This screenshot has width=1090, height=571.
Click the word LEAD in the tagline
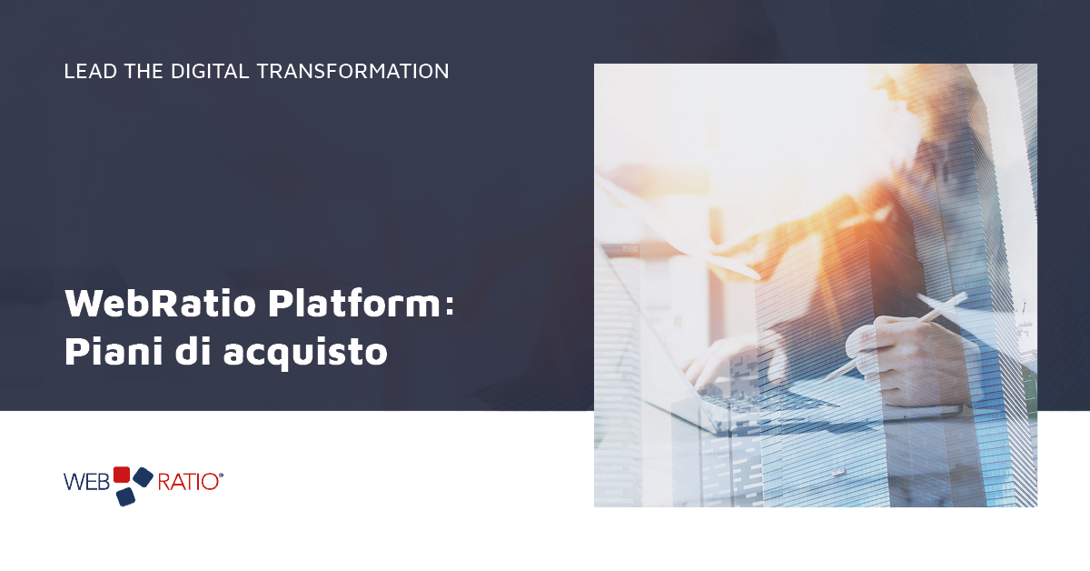[x=91, y=71]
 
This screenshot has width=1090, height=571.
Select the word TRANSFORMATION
[x=352, y=71]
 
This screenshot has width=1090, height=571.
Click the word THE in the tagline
[x=144, y=71]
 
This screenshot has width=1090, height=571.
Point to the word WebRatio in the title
[x=161, y=303]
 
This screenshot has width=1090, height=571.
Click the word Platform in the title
[x=355, y=303]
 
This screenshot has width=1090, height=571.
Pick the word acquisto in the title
[x=305, y=352]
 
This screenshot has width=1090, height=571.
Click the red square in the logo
[x=122, y=475]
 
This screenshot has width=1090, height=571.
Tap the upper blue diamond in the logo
[x=144, y=477]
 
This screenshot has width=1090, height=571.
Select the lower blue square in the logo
[x=125, y=496]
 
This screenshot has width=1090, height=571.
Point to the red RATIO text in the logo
[x=188, y=482]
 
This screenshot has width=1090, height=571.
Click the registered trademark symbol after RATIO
[x=222, y=475]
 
